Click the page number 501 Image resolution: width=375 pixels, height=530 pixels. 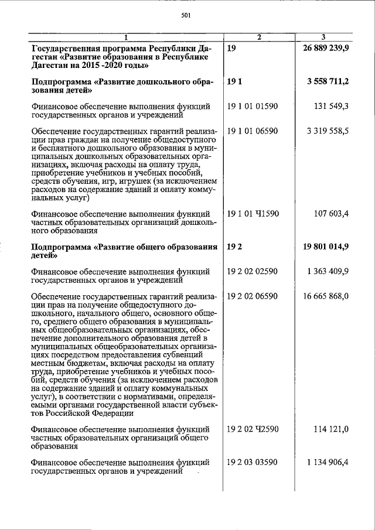(x=186, y=15)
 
